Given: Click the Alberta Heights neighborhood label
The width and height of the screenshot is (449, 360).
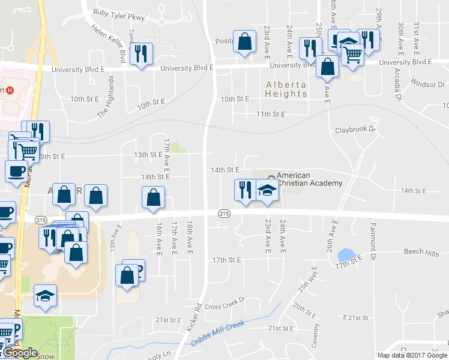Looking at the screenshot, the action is pos(286,89).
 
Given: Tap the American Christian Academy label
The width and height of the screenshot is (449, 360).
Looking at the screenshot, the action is pos(309,179).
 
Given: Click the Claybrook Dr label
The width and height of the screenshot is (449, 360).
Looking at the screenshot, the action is pos(355,129).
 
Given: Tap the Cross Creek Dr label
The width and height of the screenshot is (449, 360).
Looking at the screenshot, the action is pos(225,306).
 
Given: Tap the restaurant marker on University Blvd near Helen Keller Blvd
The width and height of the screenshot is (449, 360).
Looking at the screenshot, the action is pos(141,54).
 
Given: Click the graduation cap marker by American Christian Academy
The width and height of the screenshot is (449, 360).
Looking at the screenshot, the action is pos(267,191).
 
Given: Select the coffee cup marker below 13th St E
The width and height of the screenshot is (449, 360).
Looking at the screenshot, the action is pos(16,171).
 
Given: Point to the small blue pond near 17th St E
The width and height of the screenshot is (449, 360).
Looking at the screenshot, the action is pos(345,255).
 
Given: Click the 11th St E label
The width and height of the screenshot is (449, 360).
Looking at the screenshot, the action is pos(270,114).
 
